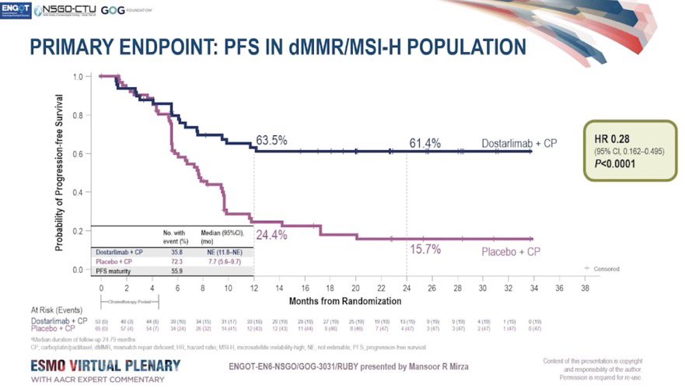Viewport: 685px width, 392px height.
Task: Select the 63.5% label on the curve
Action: tap(271, 141)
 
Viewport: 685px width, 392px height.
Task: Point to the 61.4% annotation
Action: tap(425, 143)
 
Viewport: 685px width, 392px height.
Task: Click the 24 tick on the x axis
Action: tap(406, 287)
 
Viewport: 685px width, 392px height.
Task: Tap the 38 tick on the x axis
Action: tap(584, 287)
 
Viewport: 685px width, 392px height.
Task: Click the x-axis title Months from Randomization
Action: tap(344, 299)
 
